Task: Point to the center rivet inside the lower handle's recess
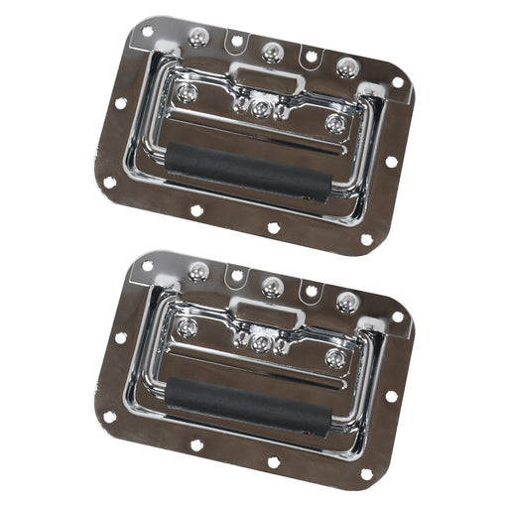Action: coord(261,343)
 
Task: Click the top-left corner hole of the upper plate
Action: coord(148,32)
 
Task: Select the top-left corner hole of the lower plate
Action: coord(148,266)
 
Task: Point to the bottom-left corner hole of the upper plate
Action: coord(110,183)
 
